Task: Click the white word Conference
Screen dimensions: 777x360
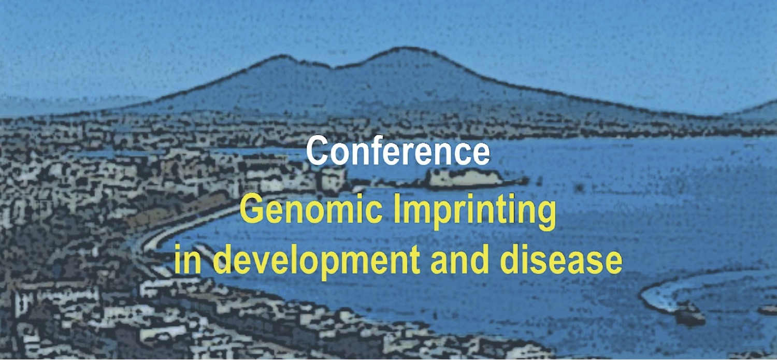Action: [398, 151]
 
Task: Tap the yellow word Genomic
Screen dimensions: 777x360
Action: [311, 211]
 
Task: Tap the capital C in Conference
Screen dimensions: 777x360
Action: [317, 151]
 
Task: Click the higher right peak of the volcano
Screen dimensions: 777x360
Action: [399, 48]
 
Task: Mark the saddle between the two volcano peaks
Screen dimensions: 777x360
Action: [333, 67]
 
